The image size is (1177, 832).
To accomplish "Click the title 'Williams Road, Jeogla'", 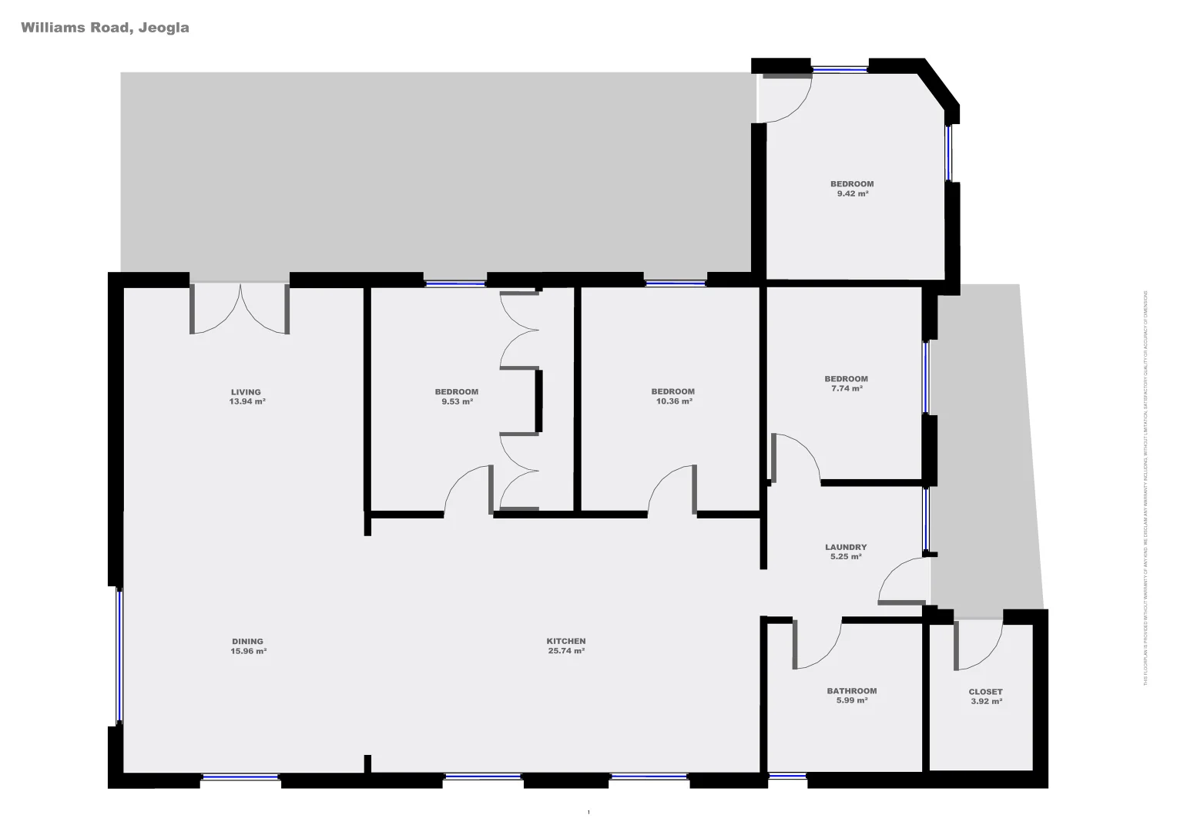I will [105, 28].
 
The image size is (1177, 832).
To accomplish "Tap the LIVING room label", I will [246, 392].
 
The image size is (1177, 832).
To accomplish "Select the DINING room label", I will [247, 641].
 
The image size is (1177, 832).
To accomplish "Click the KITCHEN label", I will [565, 641].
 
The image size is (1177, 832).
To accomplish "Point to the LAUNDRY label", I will [846, 547].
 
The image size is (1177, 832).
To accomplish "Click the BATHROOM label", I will [851, 691].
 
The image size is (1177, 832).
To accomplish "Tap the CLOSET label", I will [985, 692].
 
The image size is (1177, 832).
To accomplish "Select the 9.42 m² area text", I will [852, 194].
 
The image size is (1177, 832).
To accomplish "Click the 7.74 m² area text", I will [846, 389].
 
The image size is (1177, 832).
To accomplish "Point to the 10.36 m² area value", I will [673, 401].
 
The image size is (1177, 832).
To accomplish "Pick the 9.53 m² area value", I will [456, 401].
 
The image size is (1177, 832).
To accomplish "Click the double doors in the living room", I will [240, 310].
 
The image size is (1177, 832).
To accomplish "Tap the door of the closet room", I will [979, 645].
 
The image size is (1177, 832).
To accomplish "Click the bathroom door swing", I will [817, 646].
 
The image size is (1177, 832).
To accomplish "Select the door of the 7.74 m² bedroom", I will [796, 458].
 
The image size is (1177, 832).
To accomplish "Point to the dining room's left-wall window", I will [119, 656].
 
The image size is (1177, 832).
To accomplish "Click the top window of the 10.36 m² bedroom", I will [675, 283].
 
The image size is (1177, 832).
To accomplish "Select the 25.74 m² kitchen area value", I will [565, 652].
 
